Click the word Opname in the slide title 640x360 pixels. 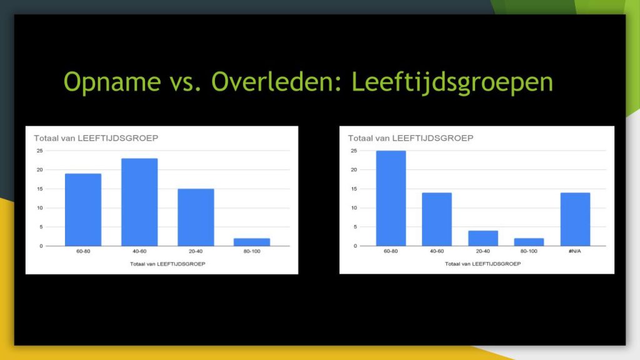click(x=112, y=82)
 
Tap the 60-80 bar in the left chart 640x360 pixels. click(x=83, y=210)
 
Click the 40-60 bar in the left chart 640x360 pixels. click(x=139, y=202)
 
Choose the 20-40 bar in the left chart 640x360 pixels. click(x=196, y=217)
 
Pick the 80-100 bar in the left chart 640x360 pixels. click(x=252, y=242)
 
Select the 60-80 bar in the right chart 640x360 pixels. click(x=391, y=198)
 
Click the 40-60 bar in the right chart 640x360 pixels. click(x=437, y=219)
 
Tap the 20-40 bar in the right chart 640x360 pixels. click(x=483, y=238)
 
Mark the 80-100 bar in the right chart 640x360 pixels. click(x=529, y=242)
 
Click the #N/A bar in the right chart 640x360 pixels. click(x=575, y=219)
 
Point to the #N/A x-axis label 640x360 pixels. click(x=575, y=251)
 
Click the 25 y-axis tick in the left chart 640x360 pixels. click(x=39, y=151)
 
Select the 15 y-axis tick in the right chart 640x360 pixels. click(x=354, y=189)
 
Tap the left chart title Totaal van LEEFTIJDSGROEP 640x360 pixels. click(x=96, y=138)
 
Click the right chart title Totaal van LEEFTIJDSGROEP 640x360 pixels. click(x=411, y=138)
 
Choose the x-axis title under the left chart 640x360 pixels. click(x=167, y=264)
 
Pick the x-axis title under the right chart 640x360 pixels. click(x=483, y=264)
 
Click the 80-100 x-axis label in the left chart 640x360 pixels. click(x=252, y=251)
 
